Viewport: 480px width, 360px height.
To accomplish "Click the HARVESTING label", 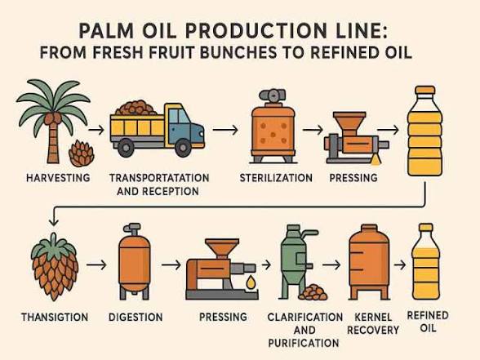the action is pyautogui.click(x=58, y=178).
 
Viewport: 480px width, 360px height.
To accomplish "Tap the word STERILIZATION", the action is pyautogui.click(x=276, y=178).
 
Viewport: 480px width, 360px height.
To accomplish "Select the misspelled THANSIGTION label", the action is pyautogui.click(x=55, y=317).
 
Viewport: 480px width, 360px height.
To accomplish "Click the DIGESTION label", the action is pyautogui.click(x=136, y=317).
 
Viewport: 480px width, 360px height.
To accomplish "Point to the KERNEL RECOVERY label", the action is pyautogui.click(x=373, y=323).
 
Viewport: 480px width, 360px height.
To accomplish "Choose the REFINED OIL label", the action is pyautogui.click(x=428, y=322).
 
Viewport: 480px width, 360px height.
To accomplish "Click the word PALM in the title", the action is pyautogui.click(x=106, y=31).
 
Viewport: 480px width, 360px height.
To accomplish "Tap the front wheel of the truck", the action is pyautogui.click(x=184, y=148).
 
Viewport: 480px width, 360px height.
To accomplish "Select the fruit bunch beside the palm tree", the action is pyautogui.click(x=82, y=153).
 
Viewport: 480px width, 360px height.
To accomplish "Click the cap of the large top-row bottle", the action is pyautogui.click(x=424, y=90).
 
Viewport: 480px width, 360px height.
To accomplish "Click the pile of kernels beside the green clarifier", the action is pyautogui.click(x=313, y=292).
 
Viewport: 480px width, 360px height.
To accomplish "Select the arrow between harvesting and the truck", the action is pyautogui.click(x=96, y=130).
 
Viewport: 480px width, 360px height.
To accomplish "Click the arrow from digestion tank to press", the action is pyautogui.click(x=171, y=264).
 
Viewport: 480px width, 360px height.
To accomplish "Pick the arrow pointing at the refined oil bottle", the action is pyautogui.click(x=400, y=265).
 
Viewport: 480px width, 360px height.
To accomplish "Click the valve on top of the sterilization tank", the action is pyautogui.click(x=273, y=95).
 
